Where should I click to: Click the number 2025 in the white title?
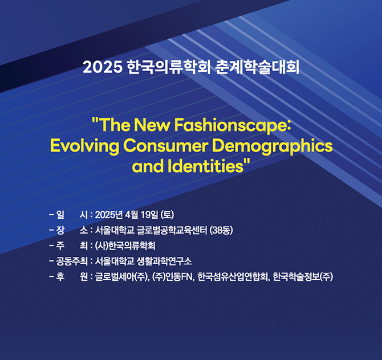[x=102, y=67]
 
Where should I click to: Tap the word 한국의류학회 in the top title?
[x=168, y=67]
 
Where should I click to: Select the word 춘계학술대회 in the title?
[x=257, y=67]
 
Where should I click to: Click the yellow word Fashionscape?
[x=231, y=125]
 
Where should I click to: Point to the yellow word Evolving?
[x=84, y=146]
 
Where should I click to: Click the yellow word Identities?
[x=205, y=166]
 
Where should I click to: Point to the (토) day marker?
[x=168, y=214]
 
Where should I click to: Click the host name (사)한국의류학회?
[x=125, y=246]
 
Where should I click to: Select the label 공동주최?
[x=72, y=261]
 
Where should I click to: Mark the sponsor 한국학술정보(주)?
[x=303, y=277]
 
